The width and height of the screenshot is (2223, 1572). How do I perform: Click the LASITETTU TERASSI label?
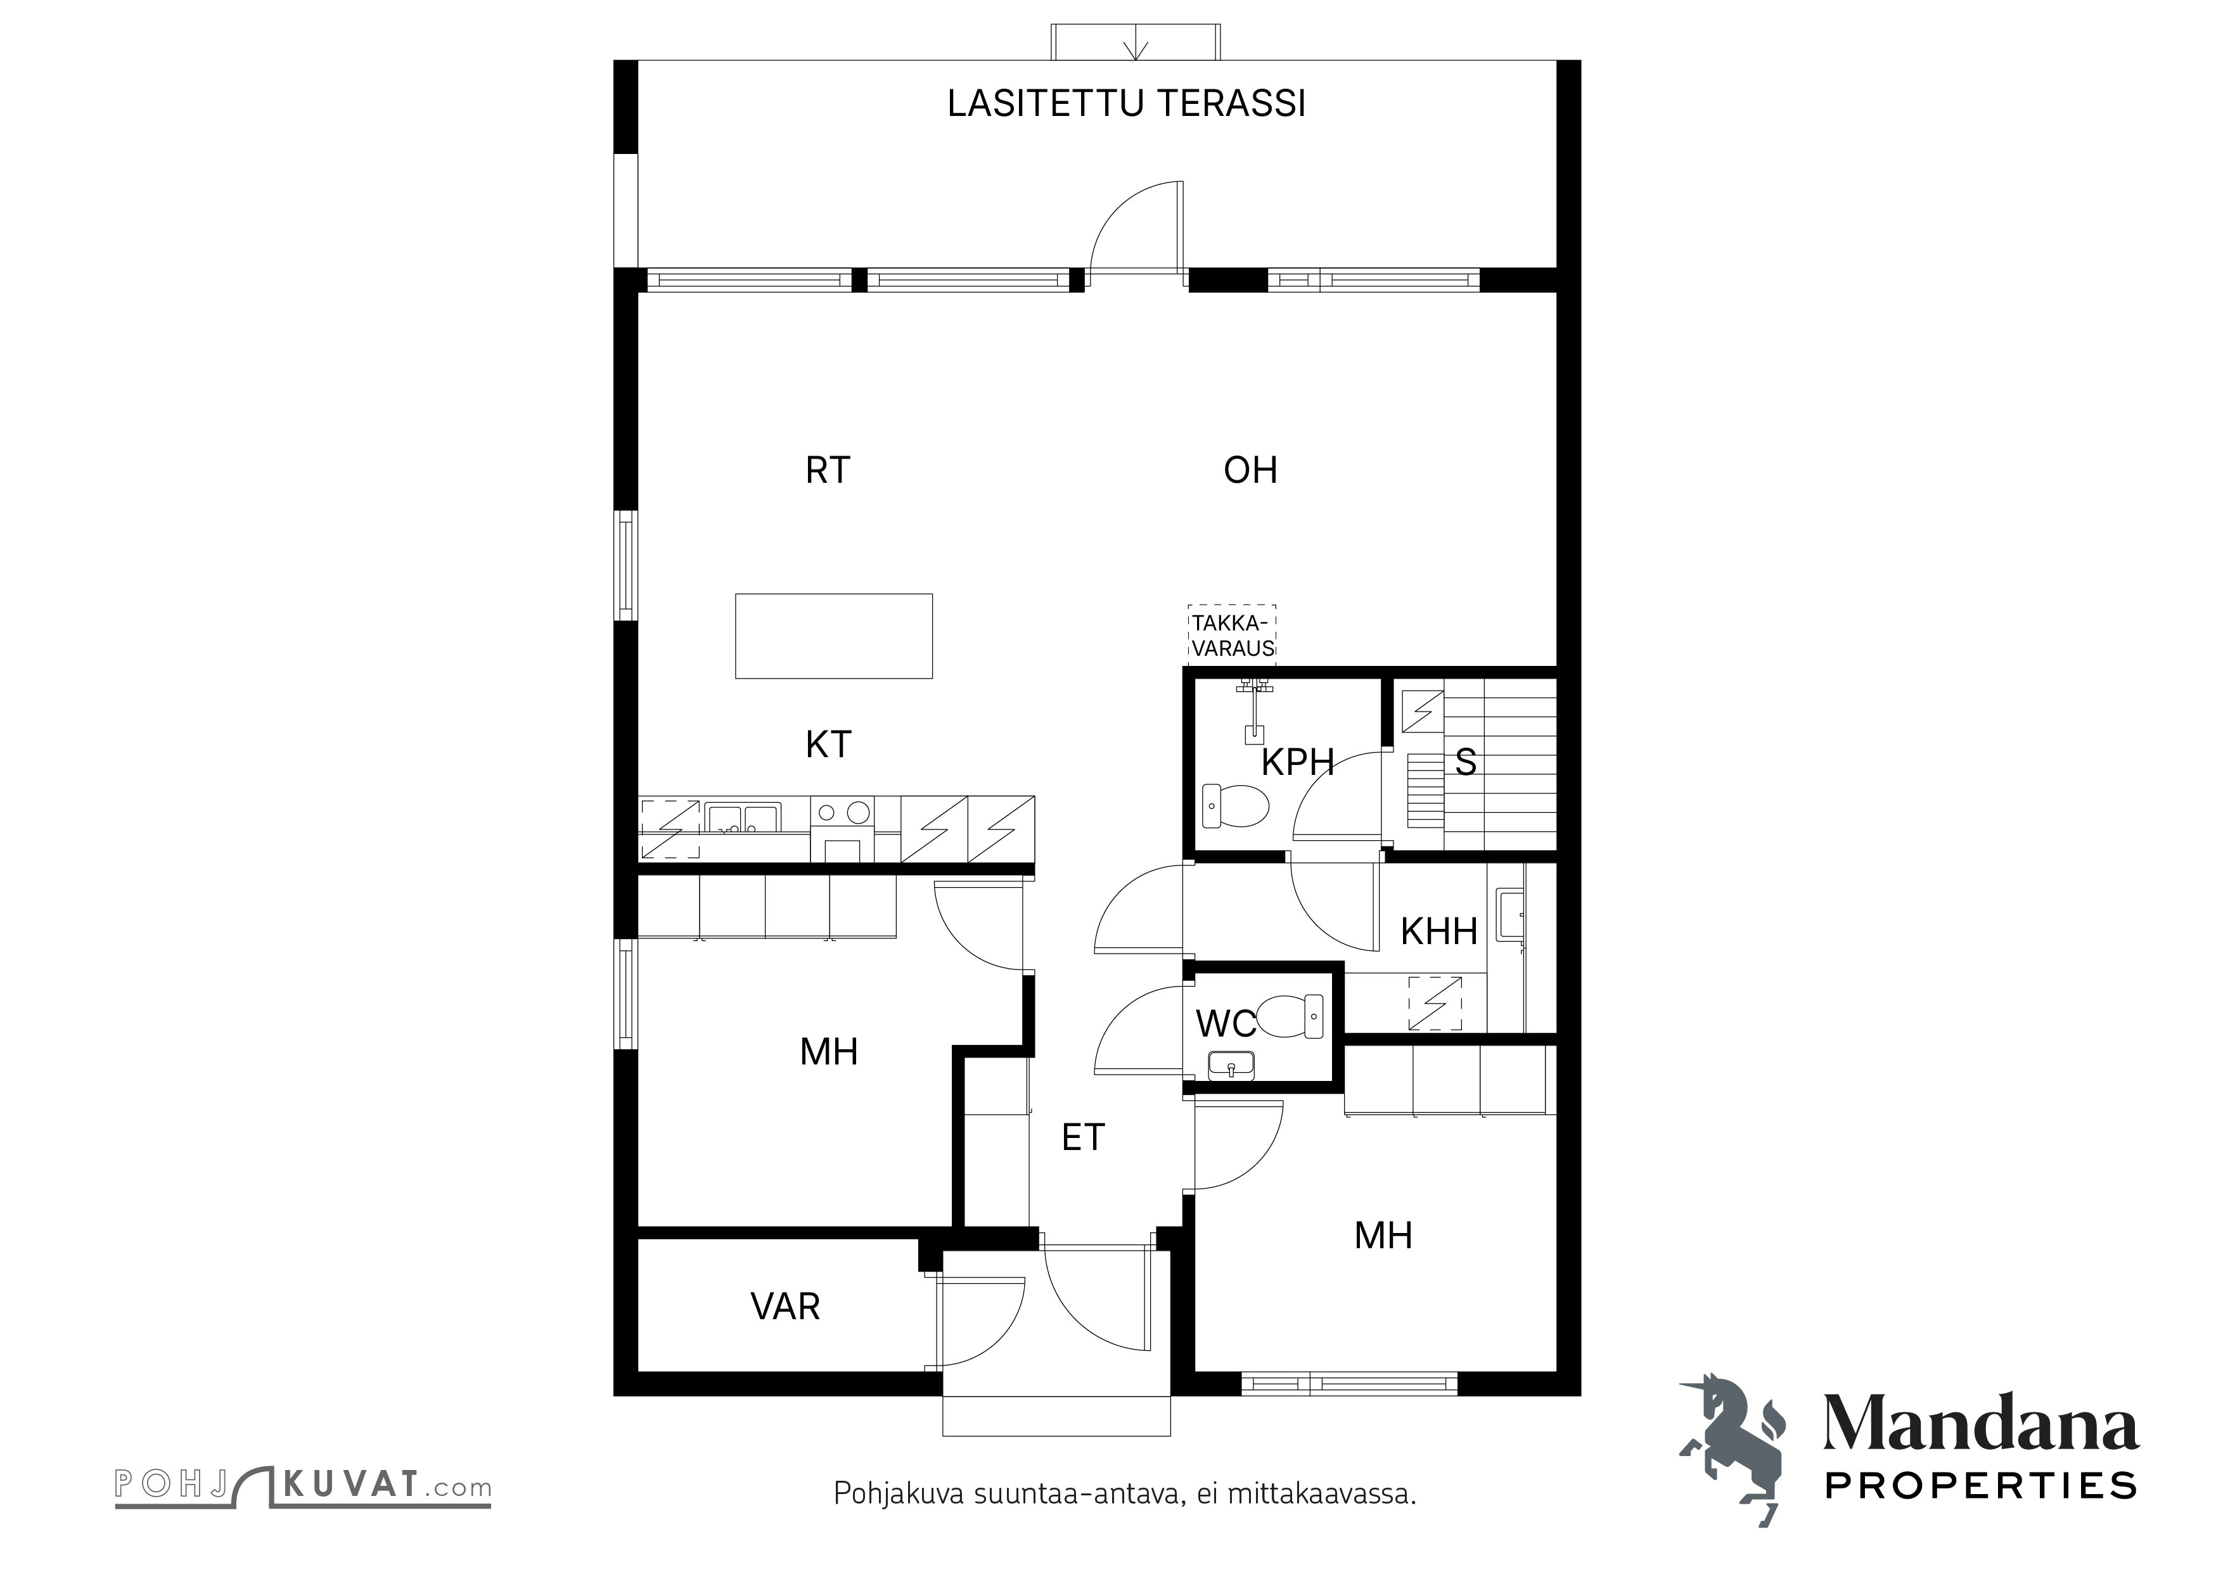(1126, 103)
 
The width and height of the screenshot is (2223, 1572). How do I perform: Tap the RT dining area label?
(827, 470)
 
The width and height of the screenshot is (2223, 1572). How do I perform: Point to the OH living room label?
(1250, 470)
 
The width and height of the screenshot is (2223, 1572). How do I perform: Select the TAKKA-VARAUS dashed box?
(1233, 635)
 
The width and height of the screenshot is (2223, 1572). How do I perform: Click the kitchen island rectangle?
(834, 636)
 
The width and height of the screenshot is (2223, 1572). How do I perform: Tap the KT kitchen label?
(828, 744)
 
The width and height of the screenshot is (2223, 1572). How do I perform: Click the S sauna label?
(1465, 763)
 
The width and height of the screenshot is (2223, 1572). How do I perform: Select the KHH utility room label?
(1438, 931)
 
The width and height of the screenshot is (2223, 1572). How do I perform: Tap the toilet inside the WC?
(1293, 1016)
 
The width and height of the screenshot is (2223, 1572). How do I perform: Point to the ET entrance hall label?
(1082, 1137)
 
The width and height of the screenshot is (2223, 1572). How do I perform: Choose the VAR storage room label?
(785, 1307)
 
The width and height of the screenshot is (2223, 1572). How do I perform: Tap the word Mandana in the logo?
(1980, 1423)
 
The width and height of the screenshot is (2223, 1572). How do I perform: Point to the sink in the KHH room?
(1509, 915)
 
